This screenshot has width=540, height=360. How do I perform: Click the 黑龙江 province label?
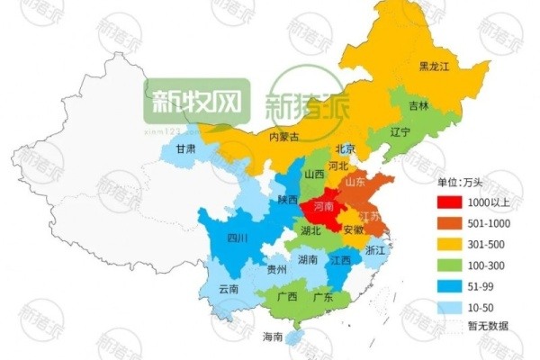pyautogui.click(x=436, y=67)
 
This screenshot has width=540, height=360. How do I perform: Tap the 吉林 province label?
pyautogui.click(x=419, y=105)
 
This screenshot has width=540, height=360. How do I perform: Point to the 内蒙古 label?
pyautogui.click(x=284, y=138)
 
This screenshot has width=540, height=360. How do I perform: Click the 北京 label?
pyautogui.click(x=346, y=148)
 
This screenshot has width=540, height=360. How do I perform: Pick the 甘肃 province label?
pyautogui.click(x=186, y=149)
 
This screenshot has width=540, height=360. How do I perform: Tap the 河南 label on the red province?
pyautogui.click(x=326, y=207)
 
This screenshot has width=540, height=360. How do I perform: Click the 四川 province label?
pyautogui.click(x=238, y=238)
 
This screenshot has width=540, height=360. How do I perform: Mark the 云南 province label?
pyautogui.click(x=229, y=289)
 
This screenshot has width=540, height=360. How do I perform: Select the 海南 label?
pyautogui.click(x=272, y=337)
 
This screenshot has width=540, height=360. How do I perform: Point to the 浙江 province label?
pyautogui.click(x=376, y=251)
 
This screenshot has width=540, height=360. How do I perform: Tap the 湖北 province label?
pyautogui.click(x=311, y=230)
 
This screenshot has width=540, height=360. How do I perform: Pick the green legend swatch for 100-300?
pyautogui.click(x=450, y=265)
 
